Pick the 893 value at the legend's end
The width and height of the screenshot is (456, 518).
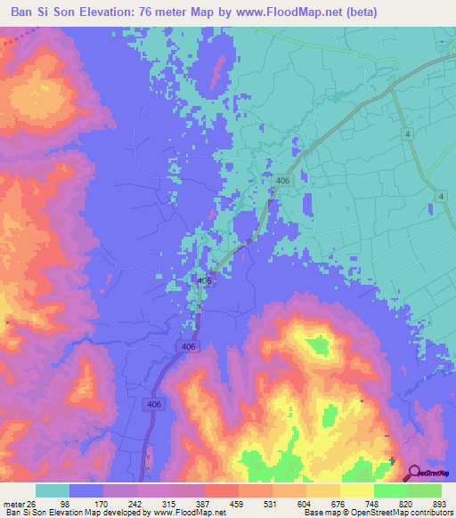click(x=441, y=503)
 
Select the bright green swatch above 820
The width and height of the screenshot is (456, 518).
click(x=390, y=490)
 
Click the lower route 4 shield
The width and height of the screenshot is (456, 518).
click(x=440, y=196)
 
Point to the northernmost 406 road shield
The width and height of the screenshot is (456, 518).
click(x=283, y=181)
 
